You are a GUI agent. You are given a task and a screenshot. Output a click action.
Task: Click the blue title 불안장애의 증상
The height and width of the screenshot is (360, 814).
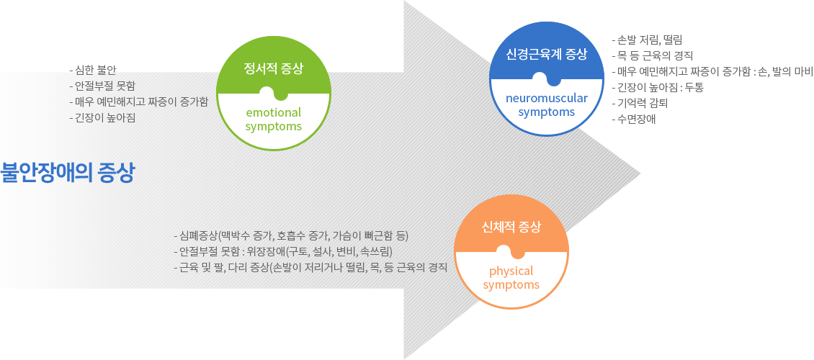tap(67, 173)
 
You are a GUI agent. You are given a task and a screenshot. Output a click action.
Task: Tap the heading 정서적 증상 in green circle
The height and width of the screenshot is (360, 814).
tap(274, 68)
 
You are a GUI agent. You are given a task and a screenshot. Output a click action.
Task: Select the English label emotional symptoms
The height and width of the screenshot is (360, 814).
tap(274, 120)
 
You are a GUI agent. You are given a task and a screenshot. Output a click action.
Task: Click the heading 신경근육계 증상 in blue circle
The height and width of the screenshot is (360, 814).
tap(546, 54)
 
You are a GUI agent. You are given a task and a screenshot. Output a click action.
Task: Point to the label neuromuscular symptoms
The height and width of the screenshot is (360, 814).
tap(546, 105)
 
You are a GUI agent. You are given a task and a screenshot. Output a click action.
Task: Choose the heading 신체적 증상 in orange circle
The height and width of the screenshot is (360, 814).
tap(511, 227)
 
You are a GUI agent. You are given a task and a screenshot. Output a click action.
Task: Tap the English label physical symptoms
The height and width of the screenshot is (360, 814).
tap(511, 277)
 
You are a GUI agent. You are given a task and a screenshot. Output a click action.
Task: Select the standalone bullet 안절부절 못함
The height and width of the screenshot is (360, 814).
tap(98, 86)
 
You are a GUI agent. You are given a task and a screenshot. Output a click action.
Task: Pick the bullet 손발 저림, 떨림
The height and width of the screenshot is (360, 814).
tap(647, 40)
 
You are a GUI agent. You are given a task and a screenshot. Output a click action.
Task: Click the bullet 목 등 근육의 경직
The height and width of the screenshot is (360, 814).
tap(653, 55)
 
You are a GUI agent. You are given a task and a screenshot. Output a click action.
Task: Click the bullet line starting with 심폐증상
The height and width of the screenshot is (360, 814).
tap(291, 237)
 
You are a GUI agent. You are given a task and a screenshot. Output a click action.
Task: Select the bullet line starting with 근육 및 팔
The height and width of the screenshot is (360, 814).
tap(310, 268)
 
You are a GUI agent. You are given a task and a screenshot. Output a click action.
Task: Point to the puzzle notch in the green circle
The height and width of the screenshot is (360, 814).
tap(274, 94)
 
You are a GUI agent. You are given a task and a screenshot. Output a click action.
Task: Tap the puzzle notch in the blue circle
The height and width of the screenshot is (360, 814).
tap(547, 79)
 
